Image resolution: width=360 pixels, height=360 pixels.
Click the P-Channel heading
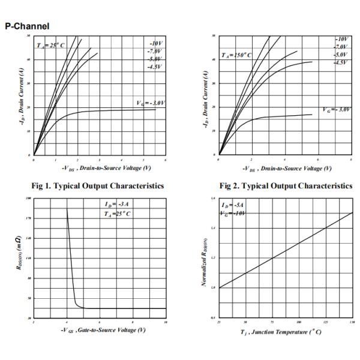(x=27, y=26)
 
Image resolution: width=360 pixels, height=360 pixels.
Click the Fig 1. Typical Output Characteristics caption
(x=99, y=185)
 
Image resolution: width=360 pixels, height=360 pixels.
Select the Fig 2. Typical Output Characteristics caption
(x=286, y=185)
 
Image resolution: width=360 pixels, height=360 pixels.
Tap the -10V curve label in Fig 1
(x=155, y=44)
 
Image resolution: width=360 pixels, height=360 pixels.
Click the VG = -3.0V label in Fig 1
(x=151, y=103)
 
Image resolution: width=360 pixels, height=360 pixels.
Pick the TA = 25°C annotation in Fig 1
(x=50, y=46)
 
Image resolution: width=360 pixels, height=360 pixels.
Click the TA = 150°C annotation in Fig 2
(x=238, y=55)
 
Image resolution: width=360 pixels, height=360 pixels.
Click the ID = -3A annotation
(x=117, y=205)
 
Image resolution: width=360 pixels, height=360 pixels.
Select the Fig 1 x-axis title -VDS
(x=100, y=169)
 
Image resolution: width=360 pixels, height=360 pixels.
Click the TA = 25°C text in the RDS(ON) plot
(x=117, y=214)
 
